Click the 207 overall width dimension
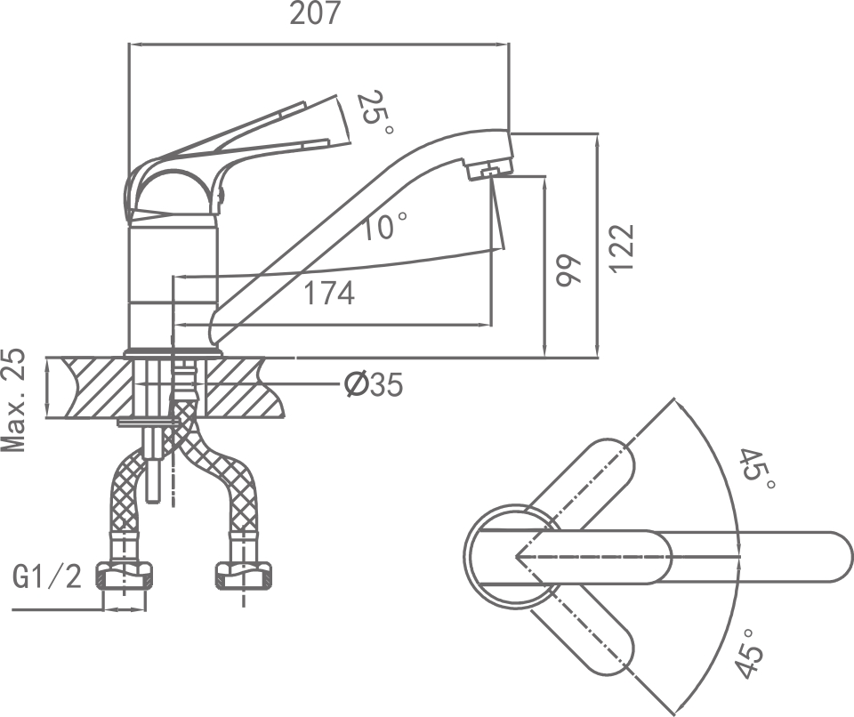(316, 14)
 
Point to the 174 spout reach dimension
(329, 293)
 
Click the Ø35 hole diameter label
(374, 385)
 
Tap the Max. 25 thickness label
(15, 401)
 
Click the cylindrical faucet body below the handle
(173, 285)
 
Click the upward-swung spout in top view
(587, 485)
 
